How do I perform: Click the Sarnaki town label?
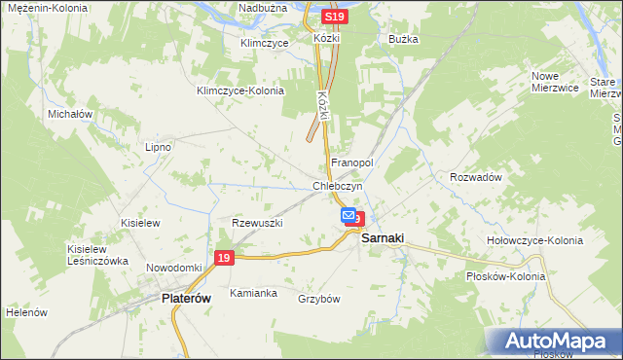pos(384,238)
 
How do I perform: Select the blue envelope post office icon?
pos(348,215)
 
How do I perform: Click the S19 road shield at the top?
pos(335,18)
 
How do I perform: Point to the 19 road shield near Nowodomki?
pos(224,258)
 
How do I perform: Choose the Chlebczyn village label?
pos(338,186)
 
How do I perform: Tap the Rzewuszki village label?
pos(257,223)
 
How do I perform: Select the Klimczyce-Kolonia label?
pos(239,91)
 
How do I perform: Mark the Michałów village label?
pos(70,114)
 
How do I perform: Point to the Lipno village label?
pos(158,147)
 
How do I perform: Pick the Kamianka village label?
pos(253,293)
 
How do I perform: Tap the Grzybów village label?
pos(318,299)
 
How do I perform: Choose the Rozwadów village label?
pos(475,177)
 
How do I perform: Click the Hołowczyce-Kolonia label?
pos(534,240)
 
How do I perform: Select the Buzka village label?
pos(403,40)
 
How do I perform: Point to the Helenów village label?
pos(26,313)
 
